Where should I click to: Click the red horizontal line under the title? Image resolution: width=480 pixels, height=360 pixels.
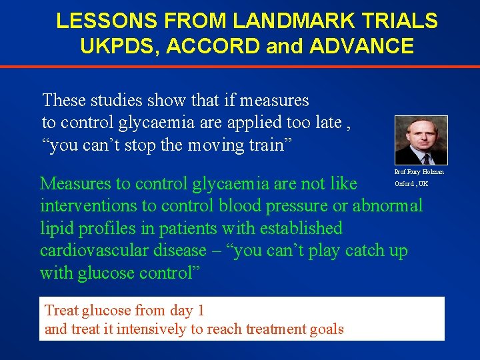click(x=240, y=67)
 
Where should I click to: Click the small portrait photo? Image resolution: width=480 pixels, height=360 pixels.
click(x=421, y=140)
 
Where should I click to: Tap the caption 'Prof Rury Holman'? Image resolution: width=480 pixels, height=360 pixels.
click(x=419, y=172)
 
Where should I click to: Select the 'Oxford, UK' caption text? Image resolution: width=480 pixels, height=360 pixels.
click(x=411, y=183)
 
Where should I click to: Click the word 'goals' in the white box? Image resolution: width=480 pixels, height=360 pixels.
click(x=327, y=329)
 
